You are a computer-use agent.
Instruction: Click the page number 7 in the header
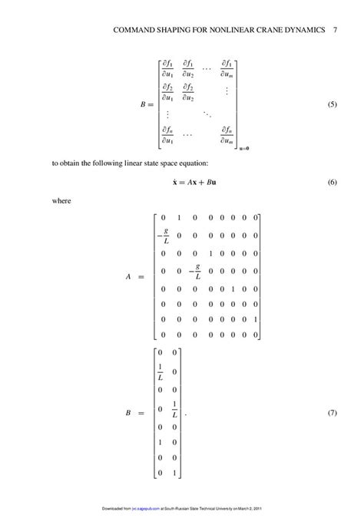click(336, 31)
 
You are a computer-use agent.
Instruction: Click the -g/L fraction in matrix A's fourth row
click(197, 272)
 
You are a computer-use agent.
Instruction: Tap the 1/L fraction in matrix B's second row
click(160, 372)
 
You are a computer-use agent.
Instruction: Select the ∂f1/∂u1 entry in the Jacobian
click(167, 68)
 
